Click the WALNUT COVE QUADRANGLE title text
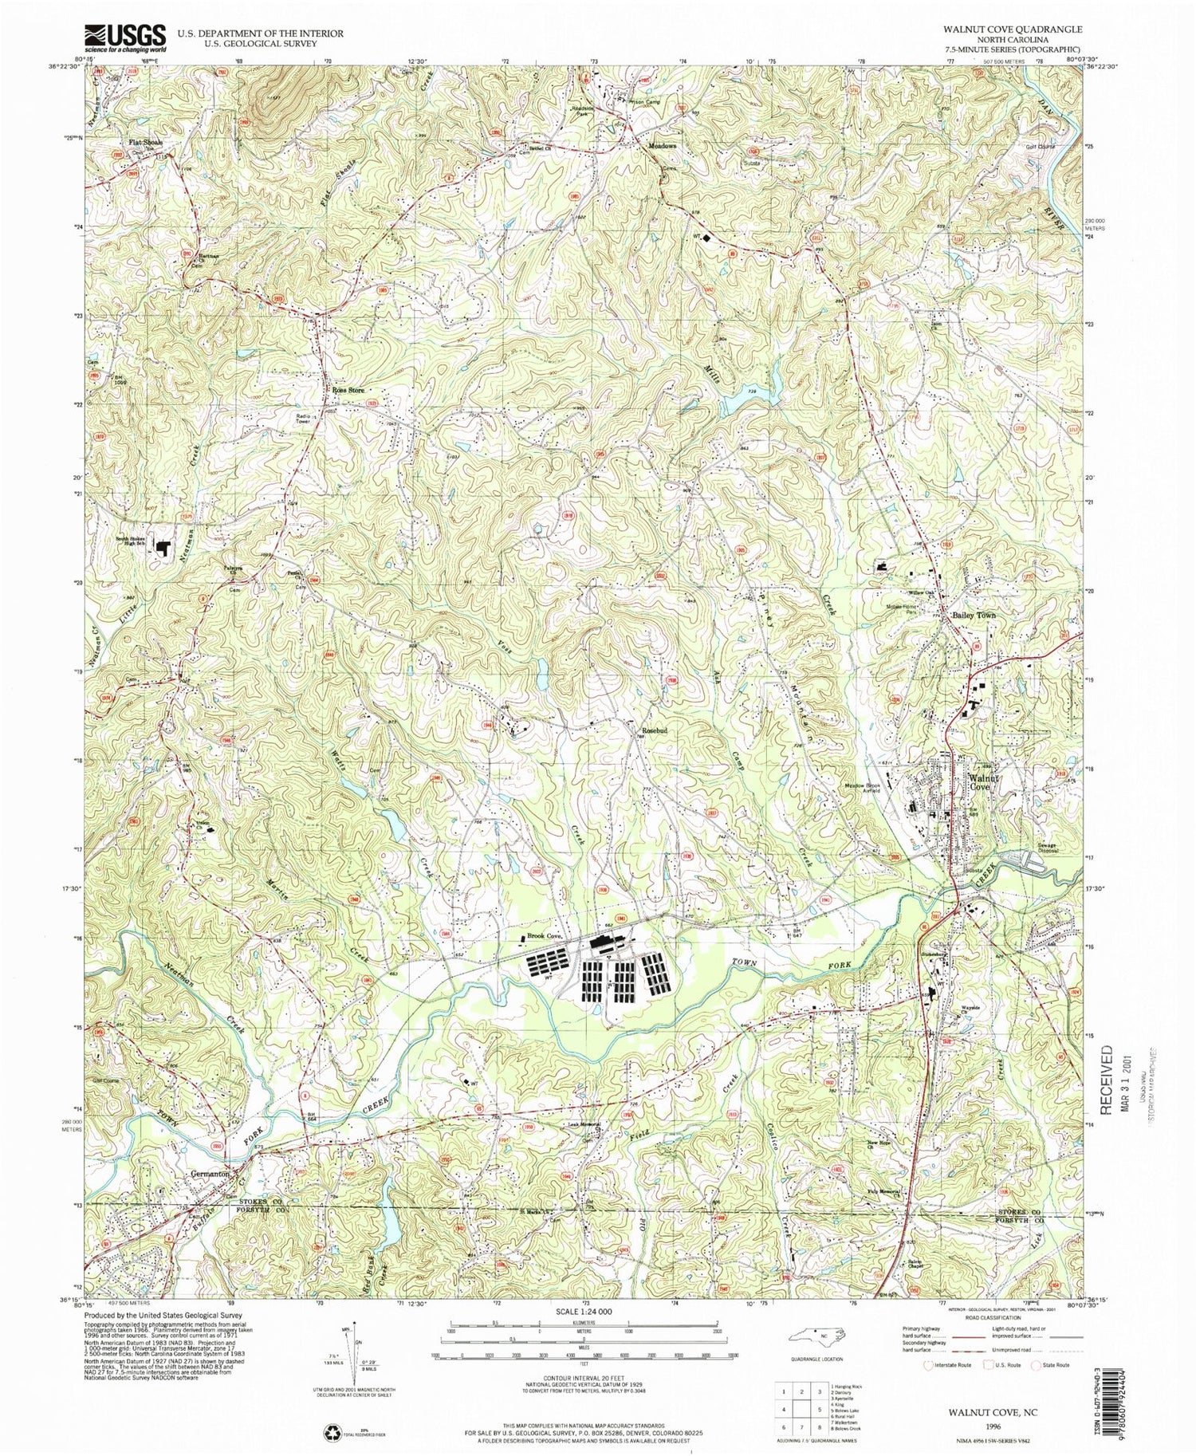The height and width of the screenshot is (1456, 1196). (x=1013, y=29)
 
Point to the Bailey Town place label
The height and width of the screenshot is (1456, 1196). (x=974, y=616)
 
